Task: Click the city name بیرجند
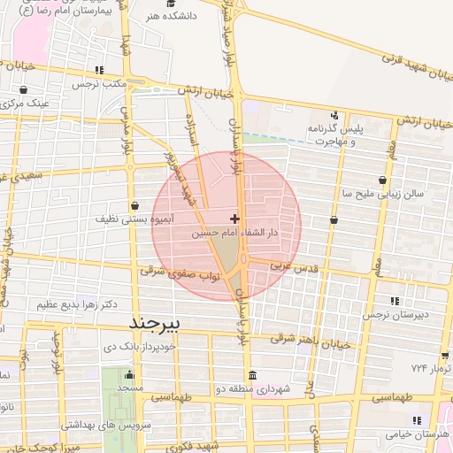[x=154, y=323]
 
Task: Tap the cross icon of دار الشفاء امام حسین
[x=234, y=219]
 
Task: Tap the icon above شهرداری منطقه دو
[x=254, y=374]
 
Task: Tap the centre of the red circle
[x=227, y=226]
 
